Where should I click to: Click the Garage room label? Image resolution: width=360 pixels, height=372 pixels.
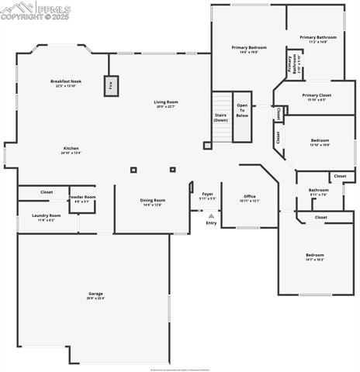tap(95, 295)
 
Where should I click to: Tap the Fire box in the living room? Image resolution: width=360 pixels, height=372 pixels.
tap(110, 86)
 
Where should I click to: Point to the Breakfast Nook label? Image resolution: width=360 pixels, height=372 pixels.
tap(67, 83)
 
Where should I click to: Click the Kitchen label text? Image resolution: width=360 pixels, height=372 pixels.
tap(71, 150)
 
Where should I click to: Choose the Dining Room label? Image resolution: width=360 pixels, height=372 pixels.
tap(152, 202)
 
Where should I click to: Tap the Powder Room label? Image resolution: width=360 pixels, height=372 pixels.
tap(82, 199)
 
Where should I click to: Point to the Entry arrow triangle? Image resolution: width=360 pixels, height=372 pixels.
tap(211, 216)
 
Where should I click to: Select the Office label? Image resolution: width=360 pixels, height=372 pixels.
tap(250, 198)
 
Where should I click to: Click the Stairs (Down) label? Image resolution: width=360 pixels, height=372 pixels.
tap(221, 118)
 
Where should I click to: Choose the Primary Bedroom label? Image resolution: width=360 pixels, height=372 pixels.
tap(248, 50)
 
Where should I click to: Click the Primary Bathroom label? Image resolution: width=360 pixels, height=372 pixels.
tap(318, 39)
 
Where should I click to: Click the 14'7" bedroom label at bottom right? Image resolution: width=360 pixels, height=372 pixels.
tap(314, 257)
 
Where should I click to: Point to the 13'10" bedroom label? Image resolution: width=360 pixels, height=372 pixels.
tap(320, 142)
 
